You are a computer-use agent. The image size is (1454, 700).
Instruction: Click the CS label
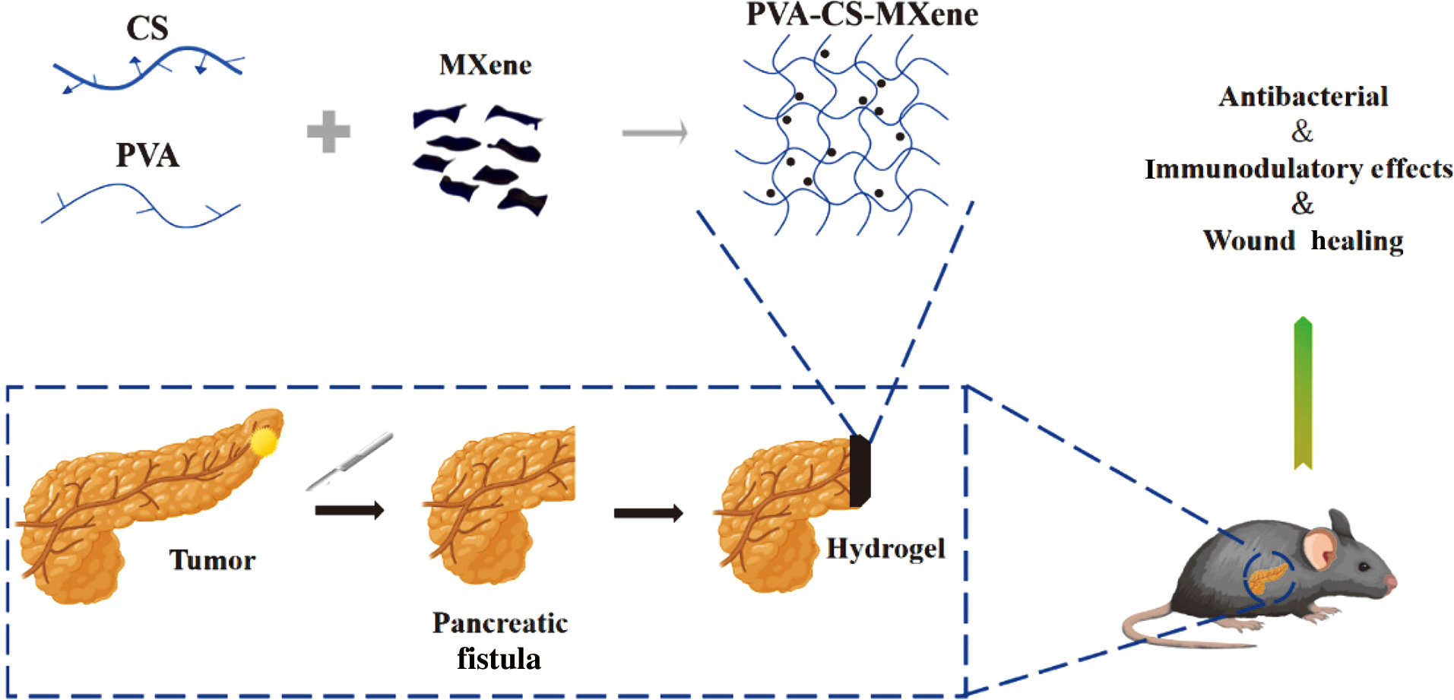tap(147, 29)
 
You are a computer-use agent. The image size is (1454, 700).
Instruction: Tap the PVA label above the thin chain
tap(147, 155)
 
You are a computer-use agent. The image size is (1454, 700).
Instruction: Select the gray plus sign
tap(328, 131)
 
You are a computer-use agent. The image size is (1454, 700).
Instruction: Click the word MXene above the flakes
tap(485, 65)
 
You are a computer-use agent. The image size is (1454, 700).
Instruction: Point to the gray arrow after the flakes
tap(654, 132)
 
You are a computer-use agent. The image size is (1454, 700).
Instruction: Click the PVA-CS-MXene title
tap(861, 14)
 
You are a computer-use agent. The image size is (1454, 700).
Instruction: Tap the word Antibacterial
tap(1303, 97)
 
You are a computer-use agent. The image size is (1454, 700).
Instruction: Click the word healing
tap(1357, 241)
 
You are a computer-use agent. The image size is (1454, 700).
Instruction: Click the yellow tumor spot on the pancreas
tap(265, 442)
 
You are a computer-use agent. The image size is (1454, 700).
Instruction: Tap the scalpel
tap(350, 461)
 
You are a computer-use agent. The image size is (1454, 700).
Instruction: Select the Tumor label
tap(211, 560)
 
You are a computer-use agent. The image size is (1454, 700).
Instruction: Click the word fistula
tap(499, 658)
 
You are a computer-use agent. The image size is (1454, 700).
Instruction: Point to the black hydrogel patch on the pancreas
tap(859, 471)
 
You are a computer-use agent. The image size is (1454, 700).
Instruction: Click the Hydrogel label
tap(885, 549)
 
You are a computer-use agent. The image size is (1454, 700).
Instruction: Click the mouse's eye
tap(1364, 567)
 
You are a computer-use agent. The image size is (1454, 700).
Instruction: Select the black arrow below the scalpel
tap(349, 510)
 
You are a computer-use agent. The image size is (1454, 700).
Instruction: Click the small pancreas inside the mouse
tap(1266, 578)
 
